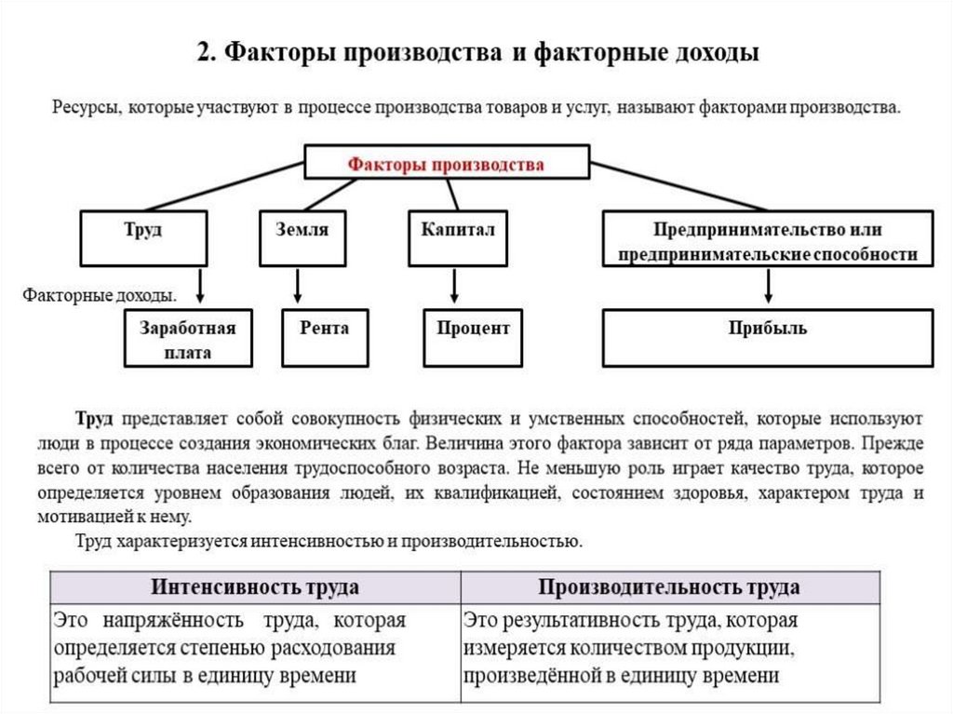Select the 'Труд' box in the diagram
pyautogui.click(x=142, y=238)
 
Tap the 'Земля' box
pyautogui.click(x=302, y=238)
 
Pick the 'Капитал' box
pyautogui.click(x=457, y=238)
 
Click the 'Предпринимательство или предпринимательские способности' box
pyautogui.click(x=767, y=240)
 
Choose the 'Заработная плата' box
pyautogui.click(x=188, y=340)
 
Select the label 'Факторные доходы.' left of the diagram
pyautogui.click(x=100, y=296)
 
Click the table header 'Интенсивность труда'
pyautogui.click(x=255, y=587)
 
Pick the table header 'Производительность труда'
pyautogui.click(x=669, y=587)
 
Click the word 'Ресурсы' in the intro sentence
pyautogui.click(x=85, y=108)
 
